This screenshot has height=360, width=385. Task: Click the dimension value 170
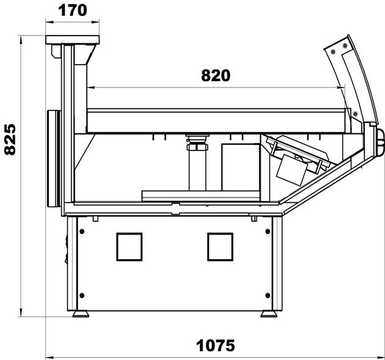coord(73,10)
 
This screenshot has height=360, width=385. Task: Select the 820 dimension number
coord(216,76)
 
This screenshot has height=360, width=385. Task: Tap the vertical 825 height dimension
coord(10,139)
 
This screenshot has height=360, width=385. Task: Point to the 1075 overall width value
coord(215,346)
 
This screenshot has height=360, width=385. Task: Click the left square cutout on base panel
coord(130,247)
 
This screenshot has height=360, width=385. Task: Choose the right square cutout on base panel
coord(220,247)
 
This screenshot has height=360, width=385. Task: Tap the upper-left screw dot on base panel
coord(82,231)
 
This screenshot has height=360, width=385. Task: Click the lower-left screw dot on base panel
coord(82,295)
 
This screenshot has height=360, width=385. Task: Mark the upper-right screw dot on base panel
coord(268,231)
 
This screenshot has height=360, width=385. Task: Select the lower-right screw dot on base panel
coord(268,295)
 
